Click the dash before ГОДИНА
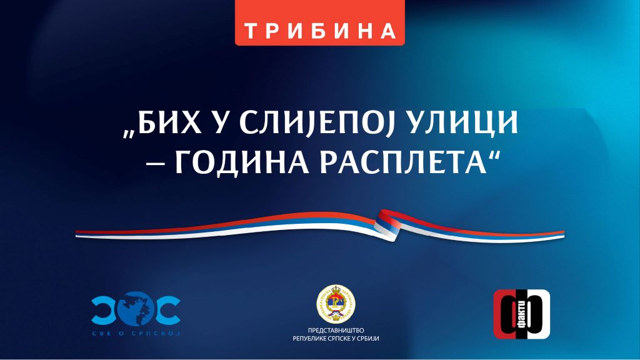coord(151,164)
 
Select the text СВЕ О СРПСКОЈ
coord(136,334)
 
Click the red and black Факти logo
coord(522,314)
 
